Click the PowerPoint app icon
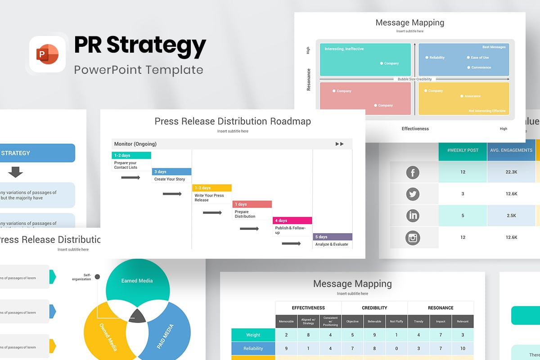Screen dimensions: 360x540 (48, 54)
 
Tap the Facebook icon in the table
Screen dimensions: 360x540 (413, 172)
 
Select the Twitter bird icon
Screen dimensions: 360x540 (413, 194)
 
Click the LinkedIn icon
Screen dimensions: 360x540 (413, 216)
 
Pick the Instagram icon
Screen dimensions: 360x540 (413, 237)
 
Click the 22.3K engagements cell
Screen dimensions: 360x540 (511, 172)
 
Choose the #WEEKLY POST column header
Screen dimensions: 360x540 (463, 150)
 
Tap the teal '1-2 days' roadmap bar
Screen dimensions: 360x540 (131, 155)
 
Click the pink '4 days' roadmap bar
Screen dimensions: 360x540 (292, 220)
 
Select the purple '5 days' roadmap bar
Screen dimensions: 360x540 (333, 237)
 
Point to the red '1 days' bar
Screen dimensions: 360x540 (252, 204)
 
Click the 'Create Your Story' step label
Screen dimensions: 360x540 (170, 179)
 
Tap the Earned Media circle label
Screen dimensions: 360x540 (137, 281)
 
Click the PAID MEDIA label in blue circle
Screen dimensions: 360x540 (165, 337)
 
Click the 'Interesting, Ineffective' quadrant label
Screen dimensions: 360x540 (344, 49)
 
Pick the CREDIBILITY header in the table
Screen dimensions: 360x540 (374, 308)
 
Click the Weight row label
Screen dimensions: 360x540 (253, 335)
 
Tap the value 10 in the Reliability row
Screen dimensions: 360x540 (463, 348)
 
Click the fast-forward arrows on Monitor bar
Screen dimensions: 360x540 (340, 144)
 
